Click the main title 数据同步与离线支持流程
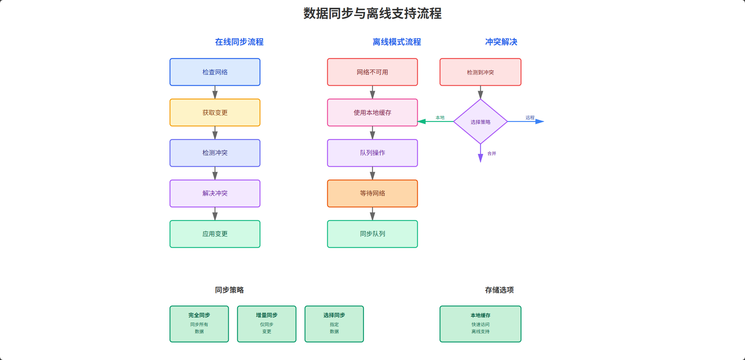click(372, 14)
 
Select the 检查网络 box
click(215, 72)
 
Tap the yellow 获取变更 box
click(215, 113)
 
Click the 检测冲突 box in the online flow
click(215, 153)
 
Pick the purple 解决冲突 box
click(215, 193)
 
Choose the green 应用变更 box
click(215, 234)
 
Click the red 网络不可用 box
click(372, 72)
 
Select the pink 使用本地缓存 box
click(372, 113)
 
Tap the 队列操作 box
click(372, 153)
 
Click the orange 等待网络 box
click(372, 193)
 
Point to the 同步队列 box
click(372, 234)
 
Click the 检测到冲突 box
click(480, 72)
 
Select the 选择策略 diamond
click(480, 122)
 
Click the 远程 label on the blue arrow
click(530, 118)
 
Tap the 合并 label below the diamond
click(492, 154)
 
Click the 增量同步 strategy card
click(267, 324)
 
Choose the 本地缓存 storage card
click(480, 324)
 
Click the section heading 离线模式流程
click(397, 42)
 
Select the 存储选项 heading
click(499, 290)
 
